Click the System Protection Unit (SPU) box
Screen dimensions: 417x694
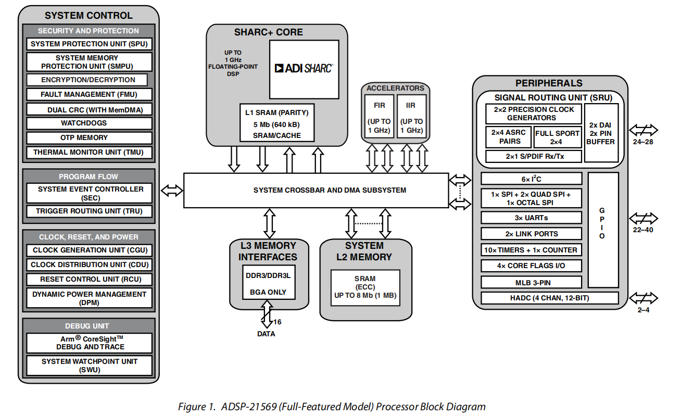click(x=89, y=44)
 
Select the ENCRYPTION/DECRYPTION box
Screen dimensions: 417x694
click(x=87, y=80)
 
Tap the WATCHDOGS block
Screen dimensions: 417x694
click(x=89, y=123)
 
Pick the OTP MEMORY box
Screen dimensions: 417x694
click(x=89, y=138)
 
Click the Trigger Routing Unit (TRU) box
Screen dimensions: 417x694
click(x=89, y=211)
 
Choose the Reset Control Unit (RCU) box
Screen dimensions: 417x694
click(x=89, y=279)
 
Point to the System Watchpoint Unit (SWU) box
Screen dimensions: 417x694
click(x=89, y=365)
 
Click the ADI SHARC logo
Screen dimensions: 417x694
click(x=304, y=68)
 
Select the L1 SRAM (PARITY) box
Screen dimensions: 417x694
click(x=277, y=123)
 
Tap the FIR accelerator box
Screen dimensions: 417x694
click(x=379, y=117)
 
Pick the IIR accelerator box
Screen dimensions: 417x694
click(x=411, y=117)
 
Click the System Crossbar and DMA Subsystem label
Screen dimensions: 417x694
click(x=316, y=191)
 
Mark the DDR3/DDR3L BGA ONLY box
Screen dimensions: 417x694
click(x=268, y=283)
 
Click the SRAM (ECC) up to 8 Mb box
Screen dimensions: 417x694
click(x=365, y=287)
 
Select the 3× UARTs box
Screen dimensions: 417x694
click(x=531, y=218)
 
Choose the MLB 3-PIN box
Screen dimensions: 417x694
click(x=531, y=283)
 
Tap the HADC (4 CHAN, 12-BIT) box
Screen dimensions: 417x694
click(x=549, y=298)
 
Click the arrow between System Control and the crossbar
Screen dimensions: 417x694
click(x=172, y=191)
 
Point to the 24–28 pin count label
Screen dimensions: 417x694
click(x=642, y=142)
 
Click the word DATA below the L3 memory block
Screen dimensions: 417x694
click(x=266, y=334)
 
